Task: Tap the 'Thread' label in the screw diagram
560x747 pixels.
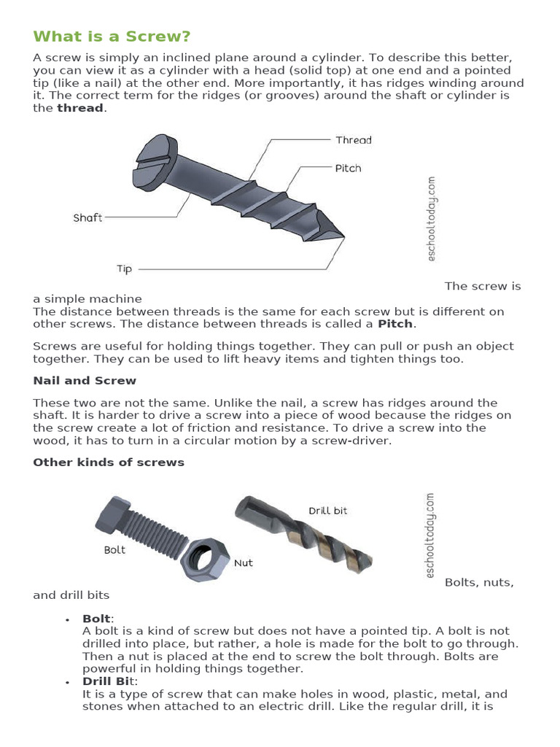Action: tap(353, 139)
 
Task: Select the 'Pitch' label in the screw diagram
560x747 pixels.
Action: tap(348, 168)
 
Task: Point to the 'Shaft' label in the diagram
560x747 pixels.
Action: tap(87, 217)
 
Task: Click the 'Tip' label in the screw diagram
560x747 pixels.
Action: tap(124, 268)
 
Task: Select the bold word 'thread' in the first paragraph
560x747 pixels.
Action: tap(81, 108)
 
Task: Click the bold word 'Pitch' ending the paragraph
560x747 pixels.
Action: tap(394, 323)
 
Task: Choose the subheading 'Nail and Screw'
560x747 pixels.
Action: tap(85, 380)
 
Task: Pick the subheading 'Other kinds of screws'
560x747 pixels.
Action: tap(109, 462)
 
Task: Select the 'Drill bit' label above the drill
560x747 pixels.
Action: tap(327, 511)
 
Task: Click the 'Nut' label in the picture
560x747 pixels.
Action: tap(243, 563)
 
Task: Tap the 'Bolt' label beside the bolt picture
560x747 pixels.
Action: tap(114, 549)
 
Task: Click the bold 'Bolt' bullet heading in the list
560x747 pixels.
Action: tap(98, 619)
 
